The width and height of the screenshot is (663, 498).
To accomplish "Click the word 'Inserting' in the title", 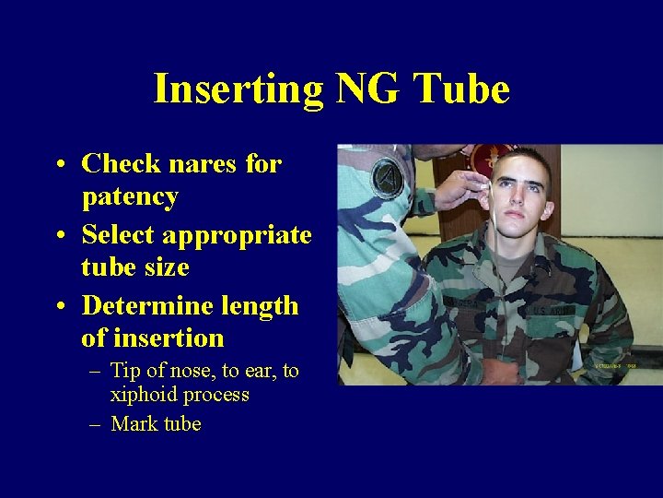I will point(237,90).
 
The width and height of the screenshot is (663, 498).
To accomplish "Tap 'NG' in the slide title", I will point(368,90).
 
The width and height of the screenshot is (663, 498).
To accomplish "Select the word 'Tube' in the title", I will point(462,90).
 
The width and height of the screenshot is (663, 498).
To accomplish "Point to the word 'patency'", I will point(130,197).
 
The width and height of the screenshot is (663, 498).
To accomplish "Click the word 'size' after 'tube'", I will point(169,267).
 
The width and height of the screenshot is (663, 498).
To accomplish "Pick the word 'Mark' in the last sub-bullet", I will point(132,424).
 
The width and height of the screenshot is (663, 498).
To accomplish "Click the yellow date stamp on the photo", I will point(614,367).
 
